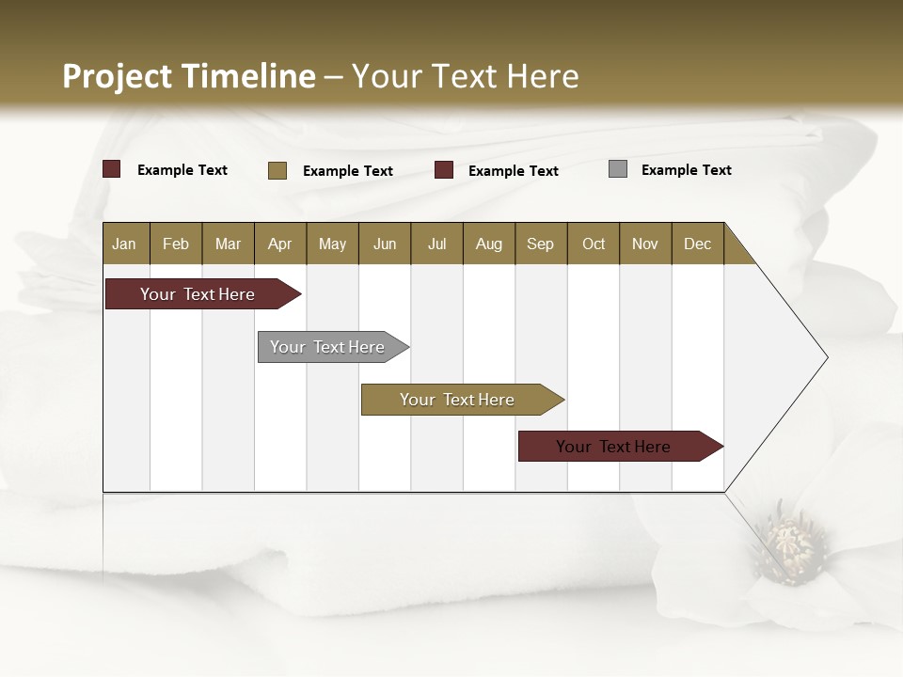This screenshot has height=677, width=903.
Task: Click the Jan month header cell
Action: [125, 244]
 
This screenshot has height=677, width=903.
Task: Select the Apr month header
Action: [280, 244]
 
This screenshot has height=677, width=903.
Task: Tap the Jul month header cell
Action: [436, 244]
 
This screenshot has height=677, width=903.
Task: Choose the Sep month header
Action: [541, 244]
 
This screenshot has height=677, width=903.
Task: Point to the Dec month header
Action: [697, 244]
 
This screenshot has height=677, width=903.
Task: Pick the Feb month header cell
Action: [176, 244]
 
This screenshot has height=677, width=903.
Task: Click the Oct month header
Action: [594, 244]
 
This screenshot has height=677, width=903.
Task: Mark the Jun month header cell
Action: [385, 244]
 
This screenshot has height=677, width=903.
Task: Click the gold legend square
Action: [277, 170]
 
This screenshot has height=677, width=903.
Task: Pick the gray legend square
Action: [618, 169]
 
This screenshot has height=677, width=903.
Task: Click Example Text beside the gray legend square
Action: [686, 170]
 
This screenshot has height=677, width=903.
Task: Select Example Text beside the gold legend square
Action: [347, 171]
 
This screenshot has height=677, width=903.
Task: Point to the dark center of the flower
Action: [791, 544]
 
